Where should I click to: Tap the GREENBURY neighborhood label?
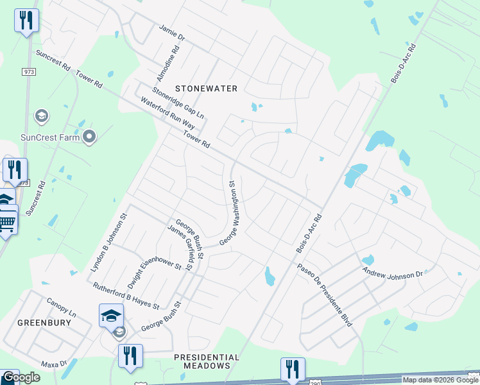click(x=44, y=322)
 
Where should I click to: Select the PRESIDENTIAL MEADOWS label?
click(x=207, y=361)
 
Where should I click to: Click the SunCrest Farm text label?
click(x=49, y=137)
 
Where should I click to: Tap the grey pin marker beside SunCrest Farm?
click(x=89, y=136)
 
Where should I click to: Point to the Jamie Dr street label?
click(x=171, y=33)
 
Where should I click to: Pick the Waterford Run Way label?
click(x=168, y=114)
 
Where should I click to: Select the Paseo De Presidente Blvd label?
click(x=324, y=295)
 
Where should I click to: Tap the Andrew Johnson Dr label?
click(x=393, y=274)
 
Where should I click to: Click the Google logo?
click(x=21, y=377)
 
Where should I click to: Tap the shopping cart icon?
click(x=6, y=222)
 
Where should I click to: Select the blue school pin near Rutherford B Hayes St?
click(x=110, y=316)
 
